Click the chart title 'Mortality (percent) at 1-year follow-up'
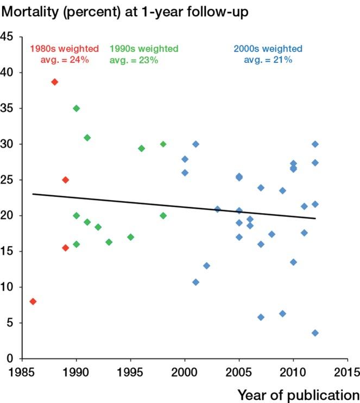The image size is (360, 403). pyautogui.click(x=125, y=11)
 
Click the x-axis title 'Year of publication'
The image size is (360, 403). pyautogui.click(x=298, y=393)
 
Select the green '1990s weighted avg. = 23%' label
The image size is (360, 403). pyautogui.click(x=143, y=54)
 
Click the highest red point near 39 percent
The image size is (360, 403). pyautogui.click(x=54, y=82)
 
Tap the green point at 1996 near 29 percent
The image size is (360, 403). pyautogui.click(x=141, y=148)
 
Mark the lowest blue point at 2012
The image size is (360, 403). pyautogui.click(x=315, y=333)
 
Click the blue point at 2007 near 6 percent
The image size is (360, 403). pyautogui.click(x=261, y=317)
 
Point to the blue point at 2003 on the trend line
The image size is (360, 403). pyautogui.click(x=217, y=209)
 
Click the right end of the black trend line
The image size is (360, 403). pyautogui.click(x=315, y=219)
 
